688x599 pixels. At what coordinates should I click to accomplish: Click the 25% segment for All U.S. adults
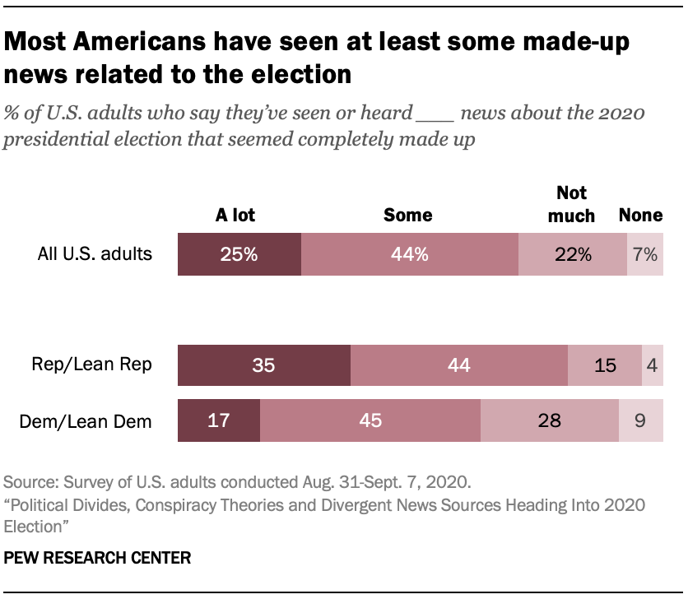coord(239,254)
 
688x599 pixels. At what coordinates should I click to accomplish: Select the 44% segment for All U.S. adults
coord(410,254)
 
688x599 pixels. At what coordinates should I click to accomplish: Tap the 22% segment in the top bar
coord(572,254)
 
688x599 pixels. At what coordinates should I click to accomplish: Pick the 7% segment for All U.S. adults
coord(645,254)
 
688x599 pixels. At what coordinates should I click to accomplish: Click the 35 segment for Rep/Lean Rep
coord(264,365)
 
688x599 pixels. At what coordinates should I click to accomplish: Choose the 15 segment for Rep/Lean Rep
coord(605,365)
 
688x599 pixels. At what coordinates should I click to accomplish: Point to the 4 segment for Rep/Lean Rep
coord(653,365)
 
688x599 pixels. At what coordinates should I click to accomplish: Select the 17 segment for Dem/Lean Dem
coord(219,420)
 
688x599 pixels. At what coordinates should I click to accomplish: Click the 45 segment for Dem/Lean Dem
coord(370,420)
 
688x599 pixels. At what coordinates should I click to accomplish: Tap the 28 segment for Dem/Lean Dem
coord(550,420)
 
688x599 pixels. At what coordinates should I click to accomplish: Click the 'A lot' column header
coord(235,216)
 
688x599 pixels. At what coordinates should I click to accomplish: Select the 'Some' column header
coord(408,216)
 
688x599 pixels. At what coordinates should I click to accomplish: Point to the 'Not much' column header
coord(572,204)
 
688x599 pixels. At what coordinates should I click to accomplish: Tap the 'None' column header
coord(641,216)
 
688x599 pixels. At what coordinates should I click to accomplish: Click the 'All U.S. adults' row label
coord(95,253)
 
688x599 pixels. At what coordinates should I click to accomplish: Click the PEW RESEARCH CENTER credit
coord(98,558)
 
